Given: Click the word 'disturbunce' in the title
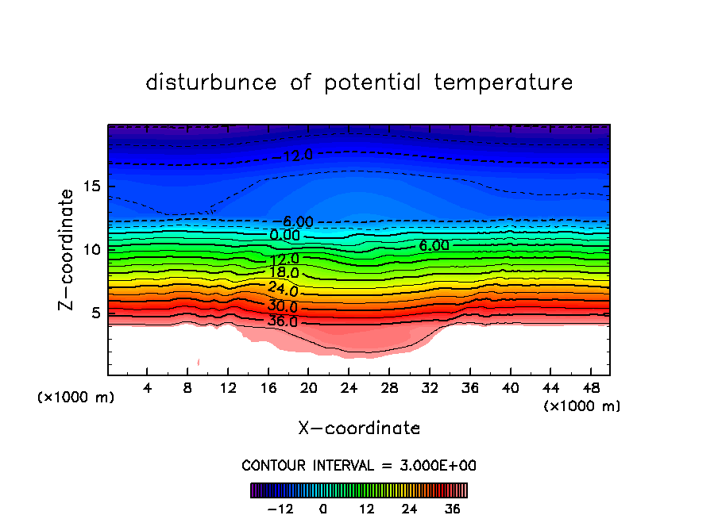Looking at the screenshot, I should [211, 83].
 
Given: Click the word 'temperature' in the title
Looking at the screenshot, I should [504, 83].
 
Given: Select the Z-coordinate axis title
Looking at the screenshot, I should [68, 249].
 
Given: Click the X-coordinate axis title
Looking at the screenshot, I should [359, 429].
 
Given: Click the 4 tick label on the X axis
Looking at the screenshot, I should [148, 388].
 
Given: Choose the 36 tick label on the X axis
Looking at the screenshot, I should [469, 388].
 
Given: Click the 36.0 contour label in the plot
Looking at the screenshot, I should [283, 322].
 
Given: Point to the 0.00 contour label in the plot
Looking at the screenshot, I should [285, 236].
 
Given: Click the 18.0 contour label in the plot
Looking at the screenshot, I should [284, 274].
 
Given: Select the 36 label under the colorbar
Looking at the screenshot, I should [453, 509].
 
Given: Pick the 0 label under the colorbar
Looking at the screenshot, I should [323, 509].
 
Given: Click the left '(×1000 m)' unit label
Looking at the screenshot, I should [76, 398].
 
